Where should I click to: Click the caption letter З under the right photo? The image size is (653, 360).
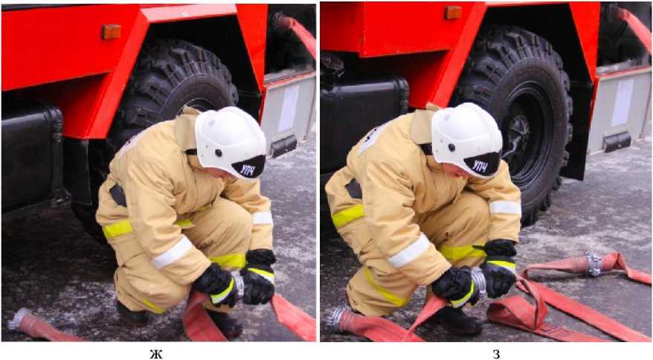point(495,354)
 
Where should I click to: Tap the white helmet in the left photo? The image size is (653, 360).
point(230,141)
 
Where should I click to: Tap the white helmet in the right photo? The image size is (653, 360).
point(466,140)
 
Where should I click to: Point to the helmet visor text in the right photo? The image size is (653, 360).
point(481,165)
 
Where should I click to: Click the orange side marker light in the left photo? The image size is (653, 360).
point(112,32)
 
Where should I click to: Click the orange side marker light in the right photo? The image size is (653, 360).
point(453,13)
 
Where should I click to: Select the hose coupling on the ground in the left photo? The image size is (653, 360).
point(19,319)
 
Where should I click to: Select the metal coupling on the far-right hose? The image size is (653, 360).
point(594,264)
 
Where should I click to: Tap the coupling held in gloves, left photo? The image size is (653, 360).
point(239,284)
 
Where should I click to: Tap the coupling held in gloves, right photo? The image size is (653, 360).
point(478,282)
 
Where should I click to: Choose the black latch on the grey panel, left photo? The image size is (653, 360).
point(283,146)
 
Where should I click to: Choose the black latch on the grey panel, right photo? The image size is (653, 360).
point(617,142)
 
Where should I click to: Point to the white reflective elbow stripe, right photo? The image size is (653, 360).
point(505,208)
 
